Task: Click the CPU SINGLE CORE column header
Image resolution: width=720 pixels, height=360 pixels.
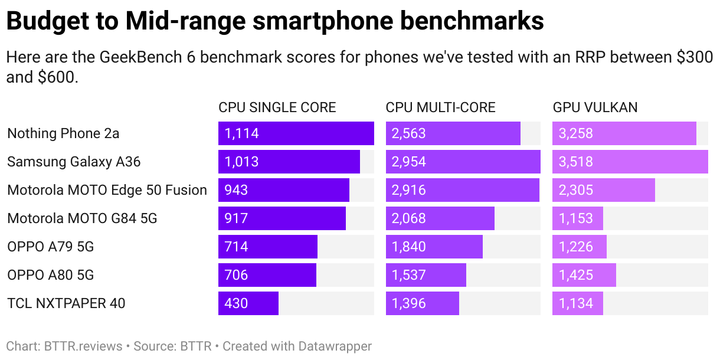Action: [277, 107]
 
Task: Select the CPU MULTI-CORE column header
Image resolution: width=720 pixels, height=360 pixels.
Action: [440, 107]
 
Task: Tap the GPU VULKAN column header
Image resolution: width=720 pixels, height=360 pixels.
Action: [595, 107]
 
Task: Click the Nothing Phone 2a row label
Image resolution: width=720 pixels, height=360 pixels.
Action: [63, 133]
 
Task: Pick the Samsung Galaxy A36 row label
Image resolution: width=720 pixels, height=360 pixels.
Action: [74, 162]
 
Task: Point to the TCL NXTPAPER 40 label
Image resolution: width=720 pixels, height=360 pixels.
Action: [66, 303]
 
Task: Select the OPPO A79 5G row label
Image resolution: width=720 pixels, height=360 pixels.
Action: [51, 247]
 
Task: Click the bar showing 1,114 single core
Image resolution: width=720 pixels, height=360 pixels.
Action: [296, 133]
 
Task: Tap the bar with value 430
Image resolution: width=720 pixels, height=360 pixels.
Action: [248, 303]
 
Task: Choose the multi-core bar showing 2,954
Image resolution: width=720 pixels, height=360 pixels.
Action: [463, 162]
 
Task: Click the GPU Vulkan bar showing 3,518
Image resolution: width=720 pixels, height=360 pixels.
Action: [630, 162]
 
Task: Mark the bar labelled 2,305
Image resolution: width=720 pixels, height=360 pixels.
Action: [603, 190]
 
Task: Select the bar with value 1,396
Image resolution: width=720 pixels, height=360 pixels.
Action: [422, 303]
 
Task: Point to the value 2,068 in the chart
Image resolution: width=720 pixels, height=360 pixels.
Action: [409, 218]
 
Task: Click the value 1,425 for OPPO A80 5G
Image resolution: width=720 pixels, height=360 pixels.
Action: [576, 275]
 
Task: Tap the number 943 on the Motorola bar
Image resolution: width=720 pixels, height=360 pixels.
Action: [236, 190]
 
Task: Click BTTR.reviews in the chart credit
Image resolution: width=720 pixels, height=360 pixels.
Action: [83, 346]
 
